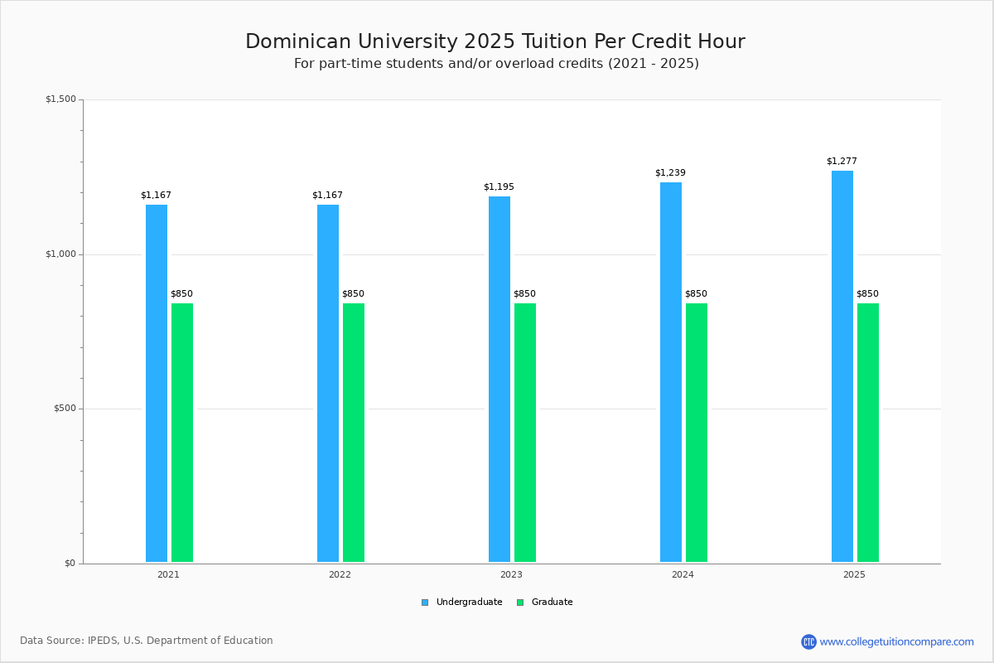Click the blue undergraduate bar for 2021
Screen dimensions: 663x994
(x=157, y=383)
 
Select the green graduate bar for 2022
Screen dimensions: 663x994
(x=354, y=433)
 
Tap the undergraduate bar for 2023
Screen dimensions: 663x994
(x=499, y=379)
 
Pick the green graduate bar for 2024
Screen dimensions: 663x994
(x=697, y=433)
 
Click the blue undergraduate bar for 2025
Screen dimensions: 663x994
(x=842, y=366)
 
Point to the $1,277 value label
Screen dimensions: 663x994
(x=842, y=162)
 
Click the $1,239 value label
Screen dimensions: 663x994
(x=670, y=173)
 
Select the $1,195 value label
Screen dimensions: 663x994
(x=499, y=187)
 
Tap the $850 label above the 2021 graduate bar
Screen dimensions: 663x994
(x=181, y=294)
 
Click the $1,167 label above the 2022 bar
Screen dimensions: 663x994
(x=327, y=196)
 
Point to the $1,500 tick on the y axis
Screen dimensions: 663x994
(x=60, y=99)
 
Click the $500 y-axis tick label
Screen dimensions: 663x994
(x=64, y=409)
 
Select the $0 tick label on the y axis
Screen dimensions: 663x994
(x=70, y=564)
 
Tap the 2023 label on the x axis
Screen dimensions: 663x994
(x=511, y=574)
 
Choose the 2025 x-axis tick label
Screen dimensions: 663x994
(x=854, y=574)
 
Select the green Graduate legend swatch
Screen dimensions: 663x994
(x=520, y=603)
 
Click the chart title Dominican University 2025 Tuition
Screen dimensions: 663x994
(x=495, y=41)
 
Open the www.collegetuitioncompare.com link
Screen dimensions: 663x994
(x=896, y=641)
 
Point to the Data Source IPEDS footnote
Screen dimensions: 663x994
(x=147, y=641)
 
